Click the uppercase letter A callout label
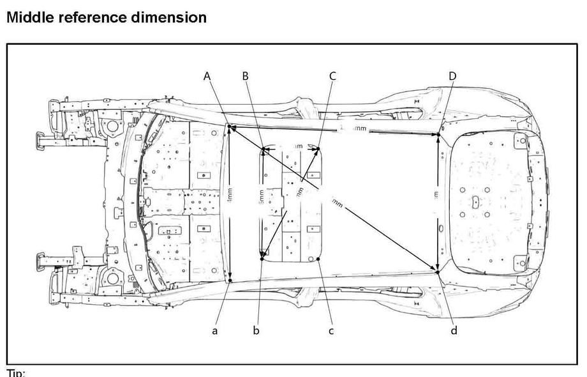[x=207, y=76]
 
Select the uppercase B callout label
[x=246, y=76]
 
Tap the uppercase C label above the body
[x=332, y=76]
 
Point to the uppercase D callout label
[x=452, y=76]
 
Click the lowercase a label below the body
[x=215, y=330]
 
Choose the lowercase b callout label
[x=256, y=330]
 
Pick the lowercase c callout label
[x=331, y=330]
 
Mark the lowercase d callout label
[x=454, y=330]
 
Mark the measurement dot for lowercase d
[x=438, y=272]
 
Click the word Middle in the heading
[x=29, y=17]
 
